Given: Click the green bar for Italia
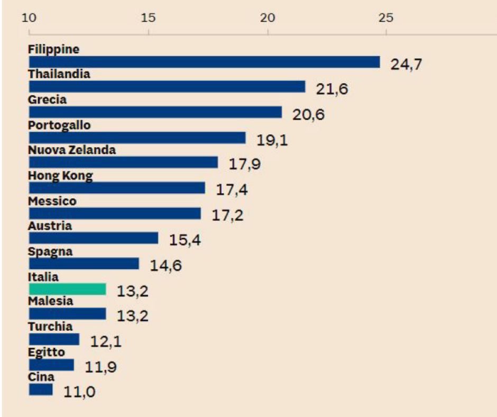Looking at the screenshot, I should (67, 289).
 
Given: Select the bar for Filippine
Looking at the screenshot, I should (204, 62).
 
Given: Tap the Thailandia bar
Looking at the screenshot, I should (167, 87).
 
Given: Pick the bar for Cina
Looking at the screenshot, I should (41, 390).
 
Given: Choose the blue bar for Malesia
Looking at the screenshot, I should (67, 314).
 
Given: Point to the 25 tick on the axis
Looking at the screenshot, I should (386, 17).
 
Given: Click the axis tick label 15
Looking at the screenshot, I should (149, 17).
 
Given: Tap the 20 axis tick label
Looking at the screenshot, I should (268, 17).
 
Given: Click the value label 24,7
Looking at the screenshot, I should (407, 65).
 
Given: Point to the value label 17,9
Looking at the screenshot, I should (245, 165).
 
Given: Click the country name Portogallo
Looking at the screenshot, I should (59, 125).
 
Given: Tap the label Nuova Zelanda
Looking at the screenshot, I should (72, 150).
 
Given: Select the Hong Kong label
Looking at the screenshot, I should (60, 176).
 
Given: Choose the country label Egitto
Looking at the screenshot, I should (47, 352).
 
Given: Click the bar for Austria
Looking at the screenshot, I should (94, 238).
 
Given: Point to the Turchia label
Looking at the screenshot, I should (50, 327).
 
